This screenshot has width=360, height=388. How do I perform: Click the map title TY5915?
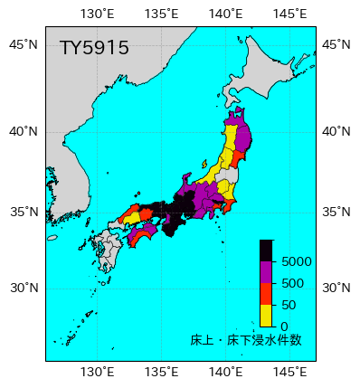[x=94, y=48]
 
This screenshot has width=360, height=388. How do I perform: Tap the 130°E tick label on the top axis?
[x=98, y=13]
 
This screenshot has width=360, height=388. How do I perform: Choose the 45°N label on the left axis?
[x=24, y=44]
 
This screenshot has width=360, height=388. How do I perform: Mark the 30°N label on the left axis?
[x=24, y=289]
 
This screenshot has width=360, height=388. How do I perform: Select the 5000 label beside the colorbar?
[x=297, y=261]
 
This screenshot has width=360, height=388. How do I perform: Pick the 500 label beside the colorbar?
[x=291, y=283]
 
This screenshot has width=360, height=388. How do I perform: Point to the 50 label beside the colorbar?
[x=289, y=305]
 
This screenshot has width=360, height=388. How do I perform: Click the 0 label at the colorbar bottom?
[x=284, y=326]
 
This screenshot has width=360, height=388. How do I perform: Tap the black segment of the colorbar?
[x=266, y=251]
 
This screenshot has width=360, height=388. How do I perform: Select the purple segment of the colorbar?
[x=266, y=272]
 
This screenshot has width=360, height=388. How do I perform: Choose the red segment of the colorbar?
[x=266, y=294]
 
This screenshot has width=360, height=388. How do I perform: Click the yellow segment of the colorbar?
[x=266, y=315]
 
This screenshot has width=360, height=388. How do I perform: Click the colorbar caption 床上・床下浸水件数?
[x=246, y=341]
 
